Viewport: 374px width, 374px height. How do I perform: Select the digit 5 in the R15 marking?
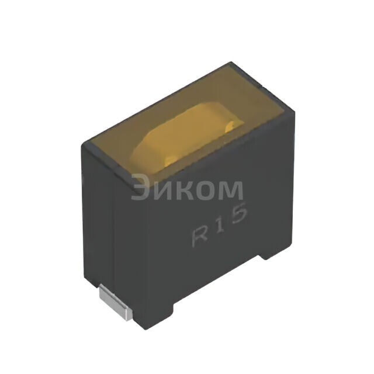(x=238, y=214)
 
